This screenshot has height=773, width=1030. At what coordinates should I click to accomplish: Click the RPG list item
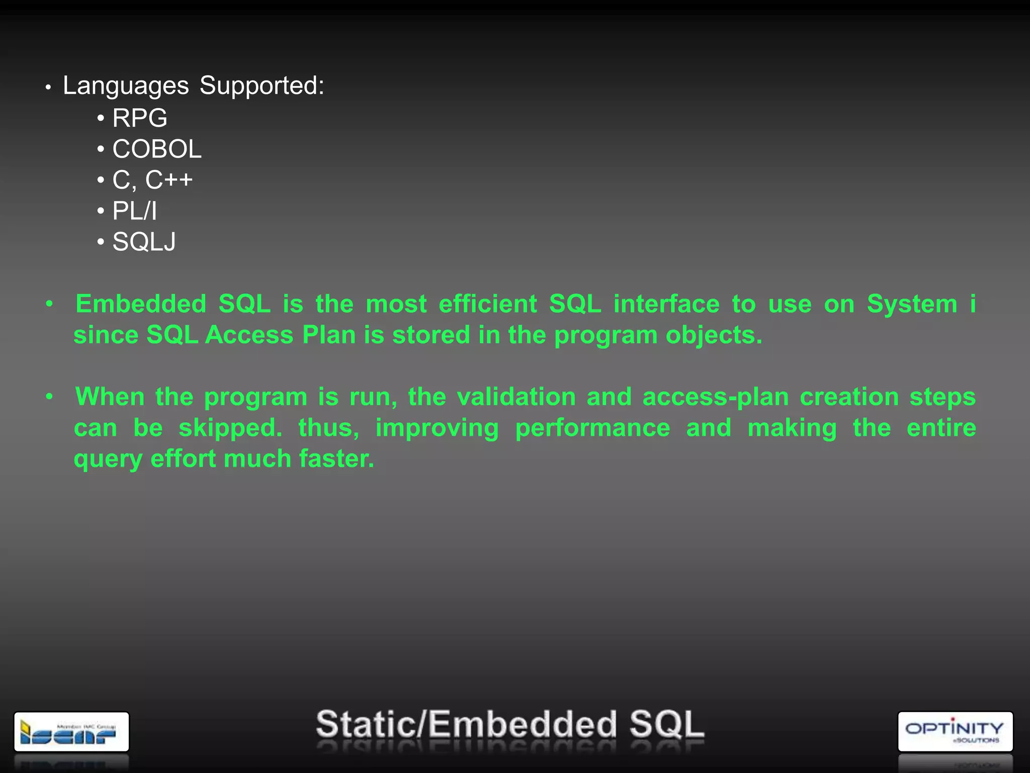click(x=139, y=118)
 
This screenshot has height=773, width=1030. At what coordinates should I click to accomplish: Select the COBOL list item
click(x=156, y=149)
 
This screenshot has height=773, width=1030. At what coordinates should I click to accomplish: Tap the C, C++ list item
click(x=152, y=180)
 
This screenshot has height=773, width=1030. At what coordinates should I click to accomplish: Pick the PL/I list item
click(x=134, y=211)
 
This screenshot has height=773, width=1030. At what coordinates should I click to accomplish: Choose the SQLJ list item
click(x=144, y=242)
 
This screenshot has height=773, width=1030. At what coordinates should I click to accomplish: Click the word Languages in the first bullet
click(x=126, y=86)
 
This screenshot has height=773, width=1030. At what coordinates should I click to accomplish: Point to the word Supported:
click(x=262, y=86)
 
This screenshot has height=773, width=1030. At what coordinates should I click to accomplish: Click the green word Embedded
click(x=141, y=304)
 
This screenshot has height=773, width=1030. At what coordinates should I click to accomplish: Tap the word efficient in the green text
click(x=488, y=304)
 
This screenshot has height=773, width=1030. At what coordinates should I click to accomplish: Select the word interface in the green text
click(x=666, y=304)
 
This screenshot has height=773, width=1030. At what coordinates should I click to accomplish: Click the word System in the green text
click(x=912, y=304)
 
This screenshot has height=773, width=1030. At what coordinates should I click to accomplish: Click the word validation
click(x=516, y=397)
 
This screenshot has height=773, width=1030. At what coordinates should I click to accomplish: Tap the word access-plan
click(x=716, y=397)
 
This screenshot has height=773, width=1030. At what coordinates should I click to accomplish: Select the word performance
click(x=592, y=428)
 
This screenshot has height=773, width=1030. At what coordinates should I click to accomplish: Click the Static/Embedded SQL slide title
click(x=510, y=725)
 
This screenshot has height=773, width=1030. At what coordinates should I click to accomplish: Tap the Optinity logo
click(x=955, y=731)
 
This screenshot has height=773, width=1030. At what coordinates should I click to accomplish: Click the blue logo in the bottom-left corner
click(x=71, y=732)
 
